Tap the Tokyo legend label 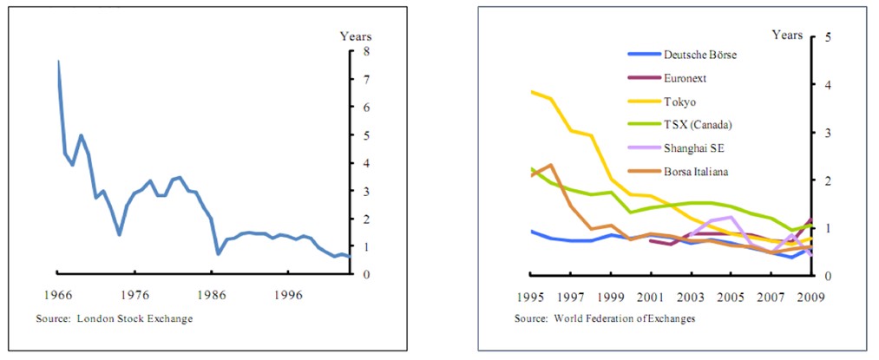[x=679, y=101]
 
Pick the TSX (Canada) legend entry [x=698, y=125]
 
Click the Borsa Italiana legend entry [x=696, y=172]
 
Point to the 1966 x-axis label [x=57, y=294]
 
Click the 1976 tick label [x=134, y=294]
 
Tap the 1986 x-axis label [x=211, y=294]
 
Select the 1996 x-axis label [x=287, y=294]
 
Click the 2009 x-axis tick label [x=810, y=297]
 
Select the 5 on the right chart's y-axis [x=828, y=37]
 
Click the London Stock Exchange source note [x=114, y=319]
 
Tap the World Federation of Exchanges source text [x=605, y=319]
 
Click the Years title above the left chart [x=355, y=36]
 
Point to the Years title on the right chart [x=787, y=35]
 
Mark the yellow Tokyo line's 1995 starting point [x=531, y=91]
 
